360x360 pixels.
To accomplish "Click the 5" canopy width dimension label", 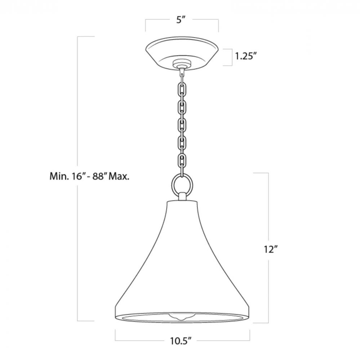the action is tap(181, 20).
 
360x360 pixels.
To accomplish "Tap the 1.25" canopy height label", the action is tap(246, 56).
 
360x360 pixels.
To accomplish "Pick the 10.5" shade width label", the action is tap(181, 341).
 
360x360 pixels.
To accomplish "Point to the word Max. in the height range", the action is tap(119, 176).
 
